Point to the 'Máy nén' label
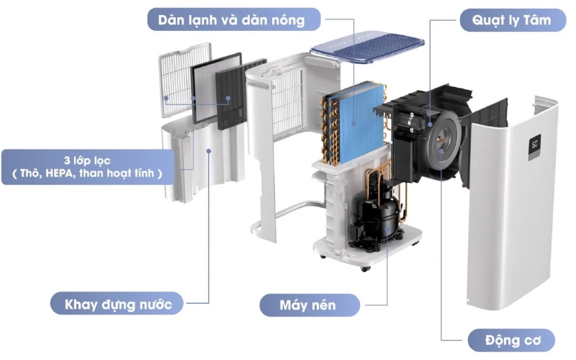click(x=307, y=305)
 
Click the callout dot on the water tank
click(x=208, y=150)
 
